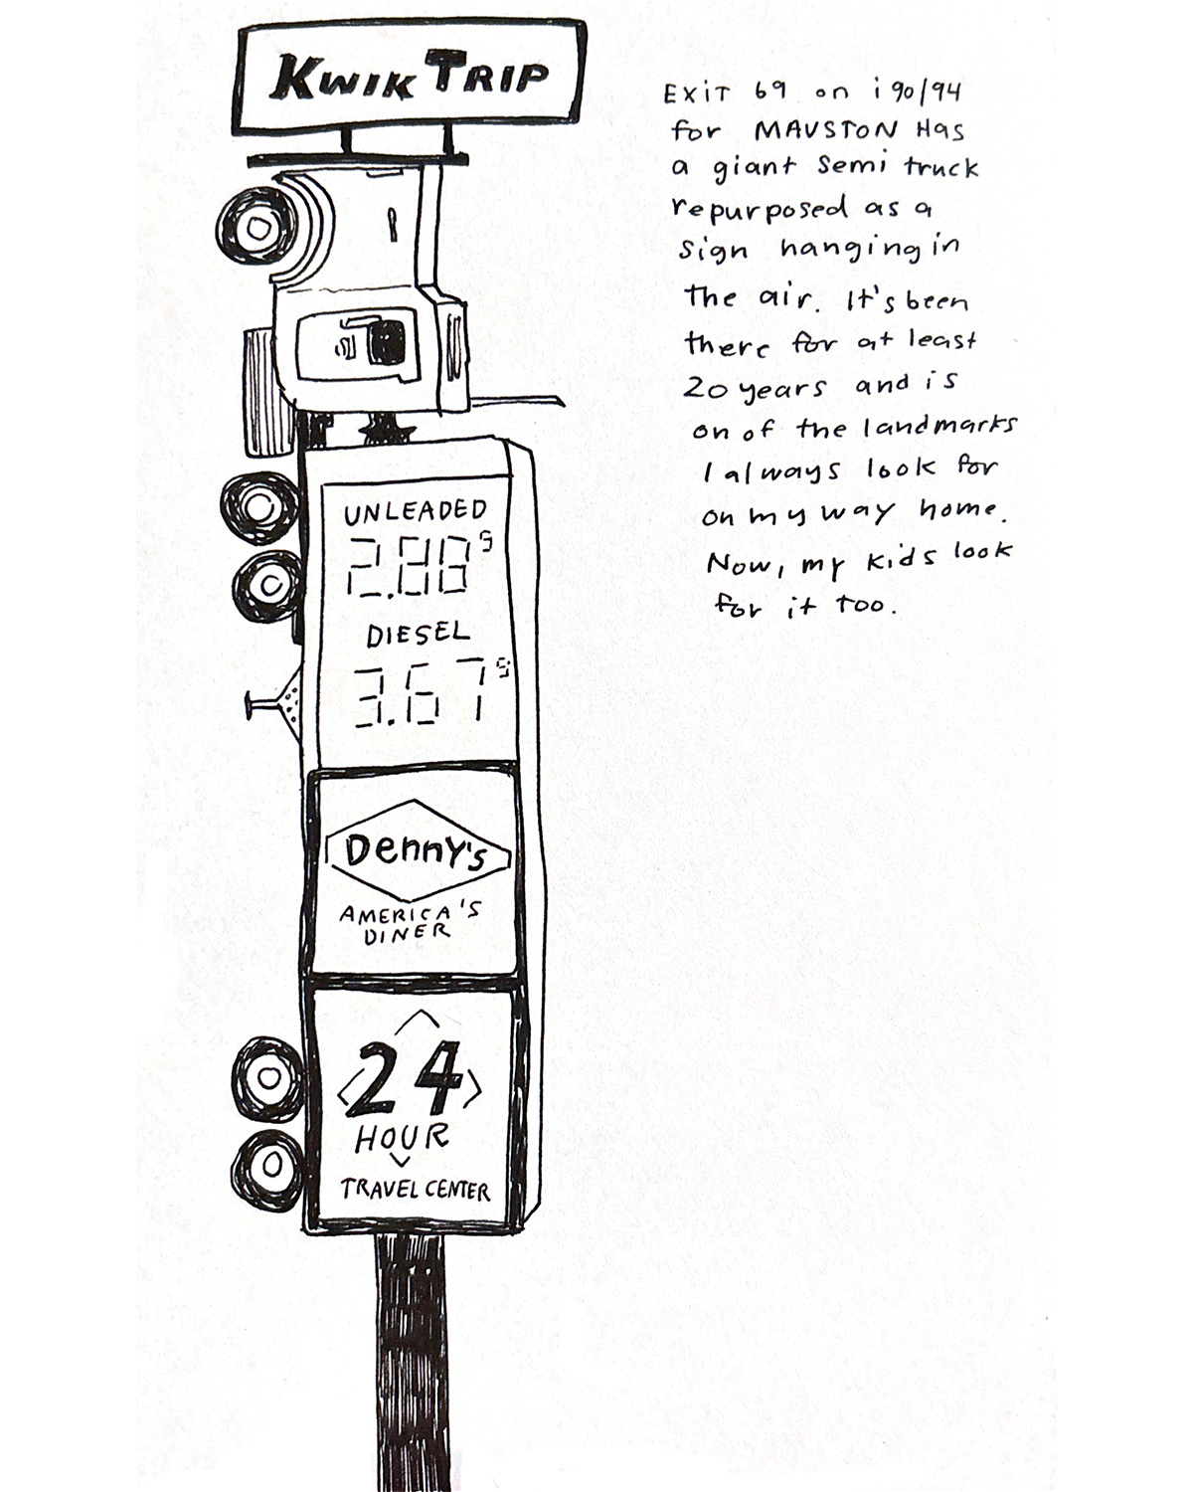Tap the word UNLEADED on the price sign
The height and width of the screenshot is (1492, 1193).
(x=415, y=513)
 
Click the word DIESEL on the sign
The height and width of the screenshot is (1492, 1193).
(x=419, y=634)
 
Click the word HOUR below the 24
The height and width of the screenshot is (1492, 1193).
(x=402, y=1137)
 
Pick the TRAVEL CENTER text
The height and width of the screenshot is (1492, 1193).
(x=415, y=1190)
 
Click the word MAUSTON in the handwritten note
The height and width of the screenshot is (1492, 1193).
(x=813, y=129)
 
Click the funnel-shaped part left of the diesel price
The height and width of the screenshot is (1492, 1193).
(x=288, y=703)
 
